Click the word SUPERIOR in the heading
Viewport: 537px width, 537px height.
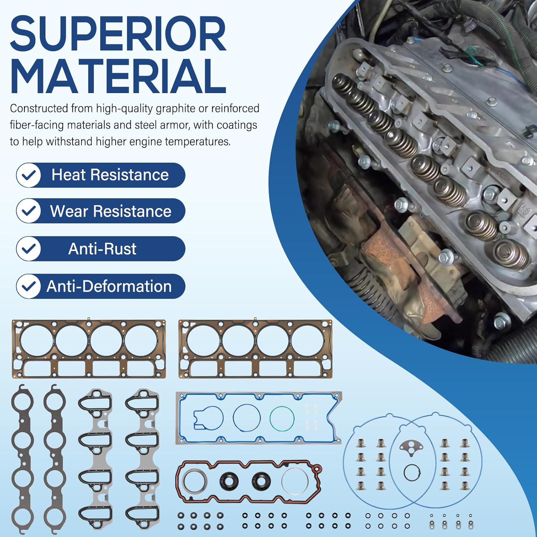[118, 35]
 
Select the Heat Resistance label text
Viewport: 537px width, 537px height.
[110, 175]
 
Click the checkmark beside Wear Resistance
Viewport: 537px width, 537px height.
[29, 211]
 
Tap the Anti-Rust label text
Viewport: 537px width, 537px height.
[102, 249]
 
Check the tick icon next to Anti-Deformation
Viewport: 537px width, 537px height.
[29, 286]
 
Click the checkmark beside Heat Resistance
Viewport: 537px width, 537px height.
[29, 175]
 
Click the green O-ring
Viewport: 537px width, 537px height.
[282, 418]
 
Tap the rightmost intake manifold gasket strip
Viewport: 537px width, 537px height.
[142, 458]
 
